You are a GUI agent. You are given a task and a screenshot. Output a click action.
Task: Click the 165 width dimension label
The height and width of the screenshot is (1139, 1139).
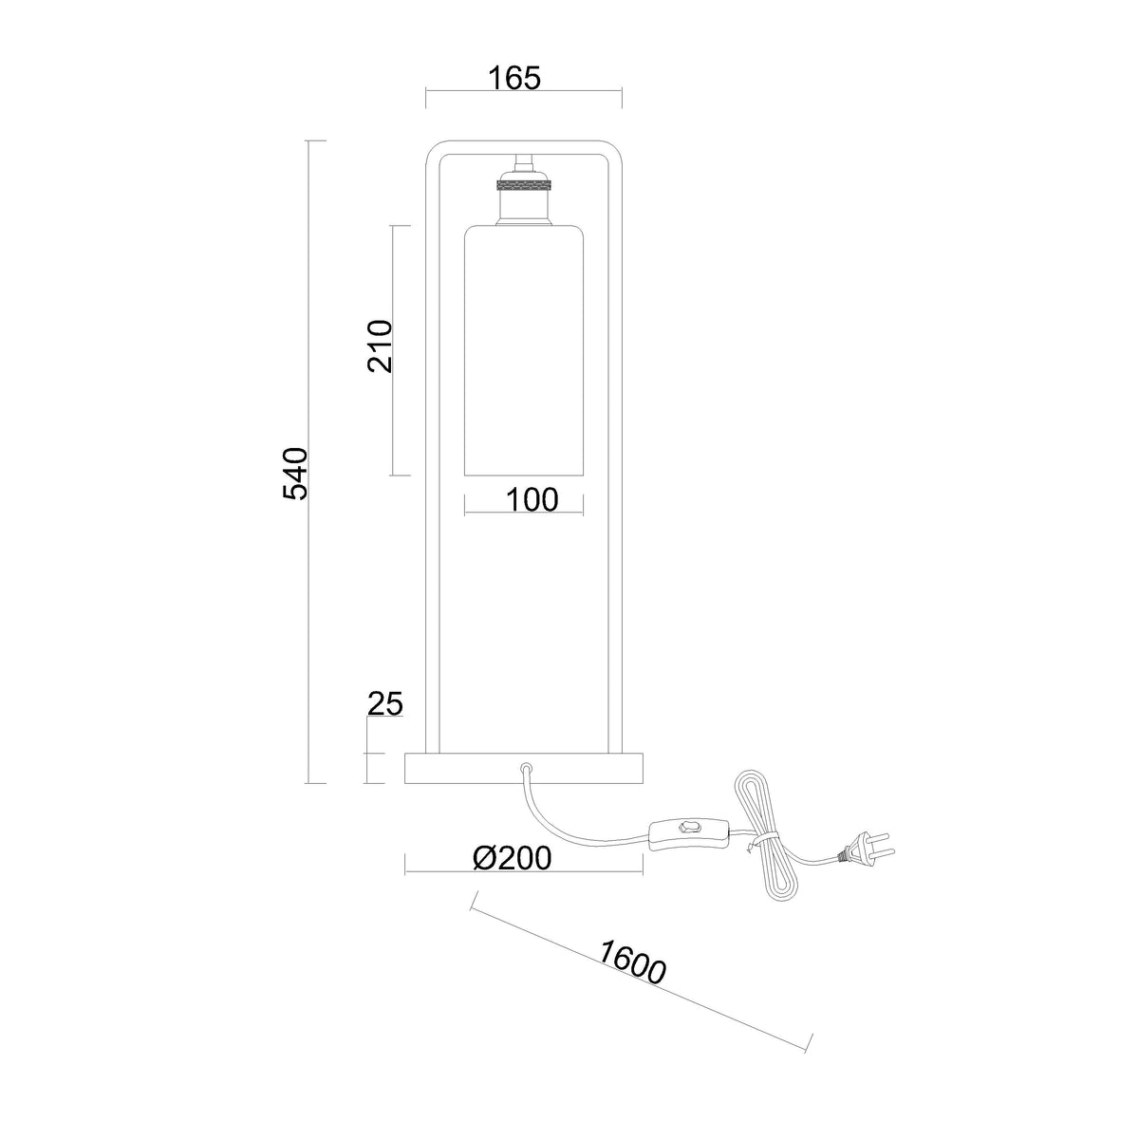514,78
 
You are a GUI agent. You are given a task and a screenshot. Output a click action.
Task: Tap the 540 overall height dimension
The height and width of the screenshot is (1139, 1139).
295,474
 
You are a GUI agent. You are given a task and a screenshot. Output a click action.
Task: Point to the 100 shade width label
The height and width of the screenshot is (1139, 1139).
532,499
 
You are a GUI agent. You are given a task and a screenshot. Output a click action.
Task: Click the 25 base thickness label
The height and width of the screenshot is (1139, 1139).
384,703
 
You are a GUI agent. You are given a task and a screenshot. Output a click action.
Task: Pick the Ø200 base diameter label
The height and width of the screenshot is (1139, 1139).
513,858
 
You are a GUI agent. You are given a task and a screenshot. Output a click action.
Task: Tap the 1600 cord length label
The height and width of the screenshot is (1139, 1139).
632,962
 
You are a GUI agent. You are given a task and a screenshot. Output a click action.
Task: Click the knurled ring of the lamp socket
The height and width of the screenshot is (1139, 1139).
523,186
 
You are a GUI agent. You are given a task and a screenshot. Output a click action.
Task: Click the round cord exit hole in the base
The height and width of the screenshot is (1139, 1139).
526,769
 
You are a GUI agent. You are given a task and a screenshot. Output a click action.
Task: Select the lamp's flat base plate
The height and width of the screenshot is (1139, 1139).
523,769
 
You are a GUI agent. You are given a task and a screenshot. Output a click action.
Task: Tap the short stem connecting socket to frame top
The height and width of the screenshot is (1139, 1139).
523,162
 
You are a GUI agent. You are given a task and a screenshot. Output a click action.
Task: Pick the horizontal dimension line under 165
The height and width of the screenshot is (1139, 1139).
524,90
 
